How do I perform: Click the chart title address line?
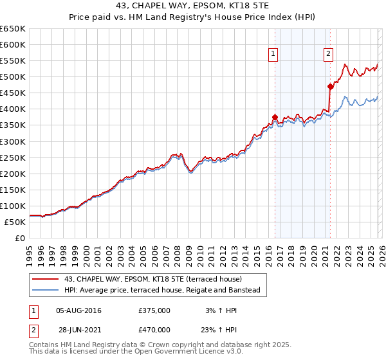click(x=193, y=6)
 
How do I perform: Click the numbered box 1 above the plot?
click(x=274, y=55)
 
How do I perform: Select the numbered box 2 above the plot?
click(x=328, y=55)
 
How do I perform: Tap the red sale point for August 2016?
click(x=275, y=117)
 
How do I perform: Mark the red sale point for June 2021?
click(x=330, y=86)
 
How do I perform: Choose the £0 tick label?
click(x=19, y=238)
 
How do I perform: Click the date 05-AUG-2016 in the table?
click(x=78, y=310)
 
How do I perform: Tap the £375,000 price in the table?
click(x=154, y=310)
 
